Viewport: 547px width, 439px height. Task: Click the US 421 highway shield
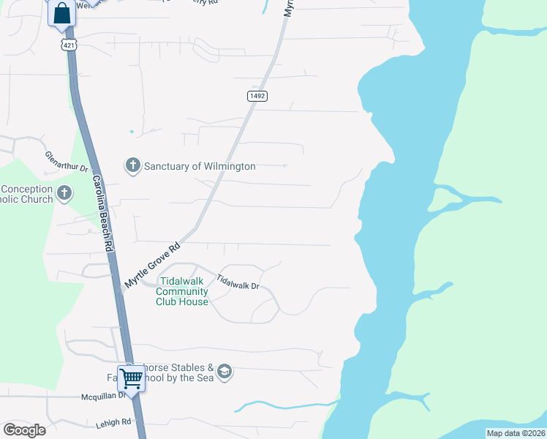point(68,44)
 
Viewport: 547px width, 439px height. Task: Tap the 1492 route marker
point(257,96)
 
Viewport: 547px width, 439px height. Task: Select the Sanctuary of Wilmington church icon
point(132,165)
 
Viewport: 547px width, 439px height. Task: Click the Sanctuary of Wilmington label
point(200,166)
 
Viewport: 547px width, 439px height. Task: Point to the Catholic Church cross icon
point(65,194)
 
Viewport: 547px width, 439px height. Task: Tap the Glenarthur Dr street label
point(67,162)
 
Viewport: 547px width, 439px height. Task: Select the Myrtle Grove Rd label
point(151,265)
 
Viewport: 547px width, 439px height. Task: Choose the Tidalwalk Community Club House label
point(183,290)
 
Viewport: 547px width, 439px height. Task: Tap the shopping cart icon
point(131,379)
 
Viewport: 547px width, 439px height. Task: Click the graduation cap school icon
point(225,372)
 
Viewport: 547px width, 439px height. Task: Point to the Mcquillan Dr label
point(103,397)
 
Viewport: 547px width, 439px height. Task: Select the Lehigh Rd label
point(113,422)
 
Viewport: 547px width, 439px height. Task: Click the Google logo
point(24,429)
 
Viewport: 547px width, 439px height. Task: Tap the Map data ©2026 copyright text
point(515,433)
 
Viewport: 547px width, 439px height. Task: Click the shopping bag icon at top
point(62,12)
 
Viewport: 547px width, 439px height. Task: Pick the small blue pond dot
point(132,132)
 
